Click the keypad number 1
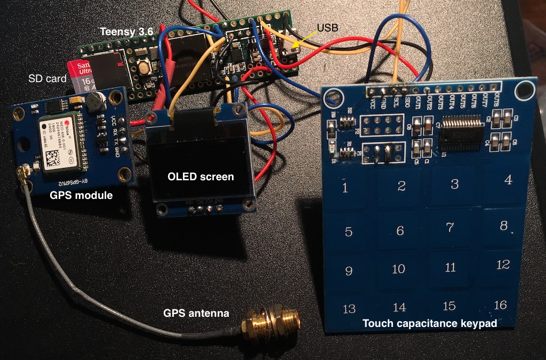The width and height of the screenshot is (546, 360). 345,188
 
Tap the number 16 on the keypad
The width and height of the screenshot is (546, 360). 500,305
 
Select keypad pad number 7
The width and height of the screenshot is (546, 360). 450,228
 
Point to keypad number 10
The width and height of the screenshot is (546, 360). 398,269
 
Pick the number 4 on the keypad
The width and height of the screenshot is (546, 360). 508,180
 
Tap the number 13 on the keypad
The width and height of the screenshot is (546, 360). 349,309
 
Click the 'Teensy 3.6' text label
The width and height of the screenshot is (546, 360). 127,32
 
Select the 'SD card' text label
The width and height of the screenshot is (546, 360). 47,78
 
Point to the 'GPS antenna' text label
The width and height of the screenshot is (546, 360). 196,313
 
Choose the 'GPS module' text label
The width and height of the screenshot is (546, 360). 81,195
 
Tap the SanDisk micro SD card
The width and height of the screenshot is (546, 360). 80,75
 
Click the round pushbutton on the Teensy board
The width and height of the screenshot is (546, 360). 143,68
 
